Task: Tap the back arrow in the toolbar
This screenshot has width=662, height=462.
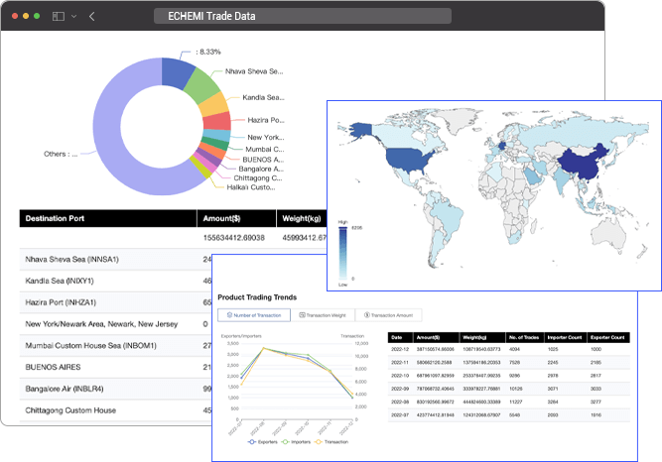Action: tap(91, 17)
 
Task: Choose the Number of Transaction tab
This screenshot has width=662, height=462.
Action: tap(253, 315)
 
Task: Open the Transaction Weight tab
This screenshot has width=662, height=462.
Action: tap(321, 315)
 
